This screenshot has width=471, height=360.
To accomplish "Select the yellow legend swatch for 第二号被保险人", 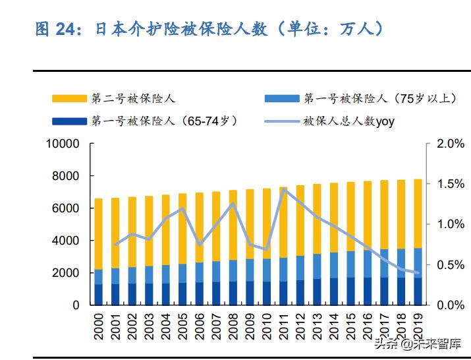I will (69, 99).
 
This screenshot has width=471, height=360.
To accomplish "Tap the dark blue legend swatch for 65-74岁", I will (69, 121).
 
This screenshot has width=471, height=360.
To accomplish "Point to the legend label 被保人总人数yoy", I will (348, 121).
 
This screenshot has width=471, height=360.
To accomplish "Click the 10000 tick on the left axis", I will (62, 144).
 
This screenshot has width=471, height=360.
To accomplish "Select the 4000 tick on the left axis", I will (66, 241).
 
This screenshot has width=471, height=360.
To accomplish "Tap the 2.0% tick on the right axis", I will (451, 144).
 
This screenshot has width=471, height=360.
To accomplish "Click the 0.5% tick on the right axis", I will (451, 265).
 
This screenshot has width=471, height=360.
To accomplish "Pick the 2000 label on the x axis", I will (99, 326).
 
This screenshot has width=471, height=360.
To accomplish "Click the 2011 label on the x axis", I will (284, 326).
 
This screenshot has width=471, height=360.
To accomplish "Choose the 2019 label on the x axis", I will (418, 326).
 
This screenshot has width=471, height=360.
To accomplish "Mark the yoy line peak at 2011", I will (284, 190).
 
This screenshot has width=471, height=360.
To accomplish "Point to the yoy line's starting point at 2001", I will (115, 245).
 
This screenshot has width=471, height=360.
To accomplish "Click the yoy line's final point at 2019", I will (418, 273).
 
